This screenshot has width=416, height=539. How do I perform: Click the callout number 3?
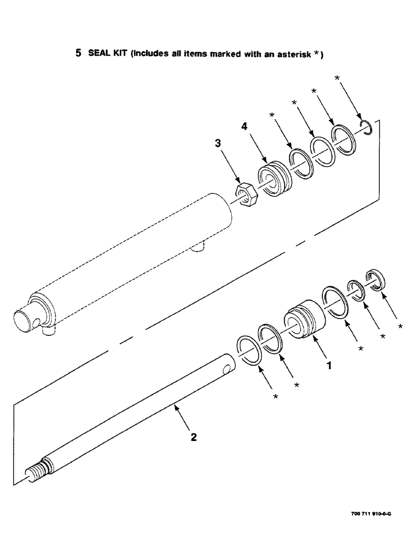(218, 143)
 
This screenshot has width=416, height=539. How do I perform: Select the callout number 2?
(193, 437)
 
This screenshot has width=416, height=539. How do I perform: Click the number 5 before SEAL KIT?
(78, 53)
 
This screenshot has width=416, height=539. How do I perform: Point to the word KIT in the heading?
(116, 53)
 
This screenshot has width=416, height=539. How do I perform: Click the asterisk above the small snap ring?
(337, 78)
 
